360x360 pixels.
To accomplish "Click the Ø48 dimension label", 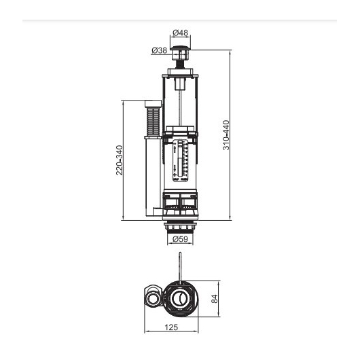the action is coord(180,33).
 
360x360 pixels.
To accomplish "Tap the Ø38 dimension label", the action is coord(160,50).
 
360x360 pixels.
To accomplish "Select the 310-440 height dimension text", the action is coord(226,135).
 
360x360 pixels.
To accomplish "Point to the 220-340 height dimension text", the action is coord(120,160).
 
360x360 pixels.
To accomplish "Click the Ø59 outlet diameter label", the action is coord(180,239).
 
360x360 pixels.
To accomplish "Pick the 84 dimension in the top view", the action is coord(214,299).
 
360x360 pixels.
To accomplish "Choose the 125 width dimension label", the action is coord(171,327).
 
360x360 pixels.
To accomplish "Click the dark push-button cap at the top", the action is coord(180,48).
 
